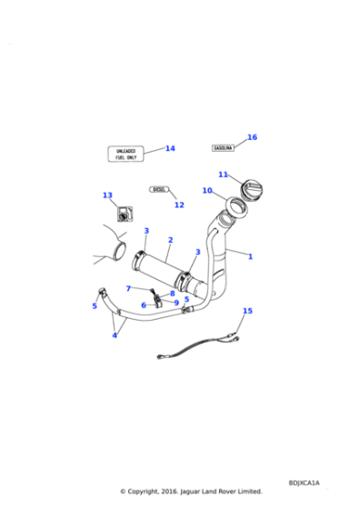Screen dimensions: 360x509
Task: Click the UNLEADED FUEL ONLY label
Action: click(x=125, y=153)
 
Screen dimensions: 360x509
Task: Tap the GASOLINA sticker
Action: click(x=223, y=147)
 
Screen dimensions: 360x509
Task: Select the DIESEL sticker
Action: click(x=159, y=190)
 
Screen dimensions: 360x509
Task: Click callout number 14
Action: click(x=170, y=148)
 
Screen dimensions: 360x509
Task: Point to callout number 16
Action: click(x=252, y=137)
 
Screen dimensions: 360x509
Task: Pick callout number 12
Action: click(x=179, y=205)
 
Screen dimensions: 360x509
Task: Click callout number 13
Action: click(x=107, y=195)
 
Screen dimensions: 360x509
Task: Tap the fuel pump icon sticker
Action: click(x=123, y=215)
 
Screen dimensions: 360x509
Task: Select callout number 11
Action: click(x=223, y=174)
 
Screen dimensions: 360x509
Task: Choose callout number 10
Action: click(x=207, y=191)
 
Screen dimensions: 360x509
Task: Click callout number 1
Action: click(x=250, y=256)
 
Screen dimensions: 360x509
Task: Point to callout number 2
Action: click(x=170, y=240)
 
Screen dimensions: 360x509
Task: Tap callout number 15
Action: click(x=247, y=311)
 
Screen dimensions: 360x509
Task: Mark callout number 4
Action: click(x=115, y=335)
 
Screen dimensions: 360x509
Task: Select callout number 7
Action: click(x=128, y=288)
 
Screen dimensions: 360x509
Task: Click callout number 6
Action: click(x=143, y=305)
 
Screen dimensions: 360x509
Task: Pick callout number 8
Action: click(x=172, y=293)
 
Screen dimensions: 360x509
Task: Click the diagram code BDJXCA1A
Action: click(x=304, y=484)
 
